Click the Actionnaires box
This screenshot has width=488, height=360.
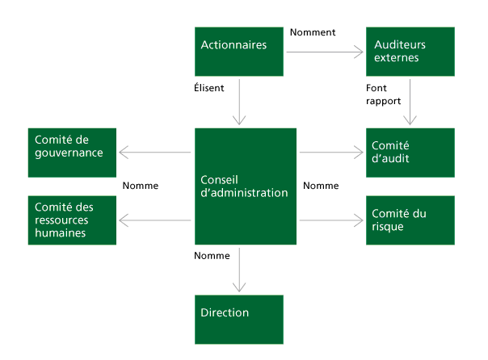[x=239, y=52]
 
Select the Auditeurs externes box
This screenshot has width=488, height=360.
[x=410, y=52]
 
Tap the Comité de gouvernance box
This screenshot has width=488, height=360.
[x=72, y=153]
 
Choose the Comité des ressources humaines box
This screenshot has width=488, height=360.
[x=72, y=220]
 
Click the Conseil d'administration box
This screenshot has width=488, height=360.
[x=246, y=186]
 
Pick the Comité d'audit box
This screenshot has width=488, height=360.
[x=410, y=153]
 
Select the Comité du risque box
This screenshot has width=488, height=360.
[x=410, y=220]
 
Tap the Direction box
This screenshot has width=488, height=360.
[x=239, y=320]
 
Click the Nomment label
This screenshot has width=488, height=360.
[x=313, y=32]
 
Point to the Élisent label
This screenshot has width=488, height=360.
[x=209, y=88]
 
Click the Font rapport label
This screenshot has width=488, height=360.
[x=384, y=94]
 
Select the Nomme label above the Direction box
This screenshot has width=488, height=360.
[x=212, y=256]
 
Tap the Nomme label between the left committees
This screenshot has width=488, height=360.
[x=141, y=186]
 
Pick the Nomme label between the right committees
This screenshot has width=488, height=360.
[x=321, y=186]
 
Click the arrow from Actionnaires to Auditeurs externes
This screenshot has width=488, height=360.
[x=325, y=52]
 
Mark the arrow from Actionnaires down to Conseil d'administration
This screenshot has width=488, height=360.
[x=239, y=102]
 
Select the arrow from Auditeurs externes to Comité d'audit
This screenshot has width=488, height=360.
[x=410, y=102]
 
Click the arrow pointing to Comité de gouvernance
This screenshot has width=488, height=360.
[x=155, y=153]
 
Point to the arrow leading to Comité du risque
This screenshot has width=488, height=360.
[x=331, y=220]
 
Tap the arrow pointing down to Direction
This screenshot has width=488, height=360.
[x=239, y=270]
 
